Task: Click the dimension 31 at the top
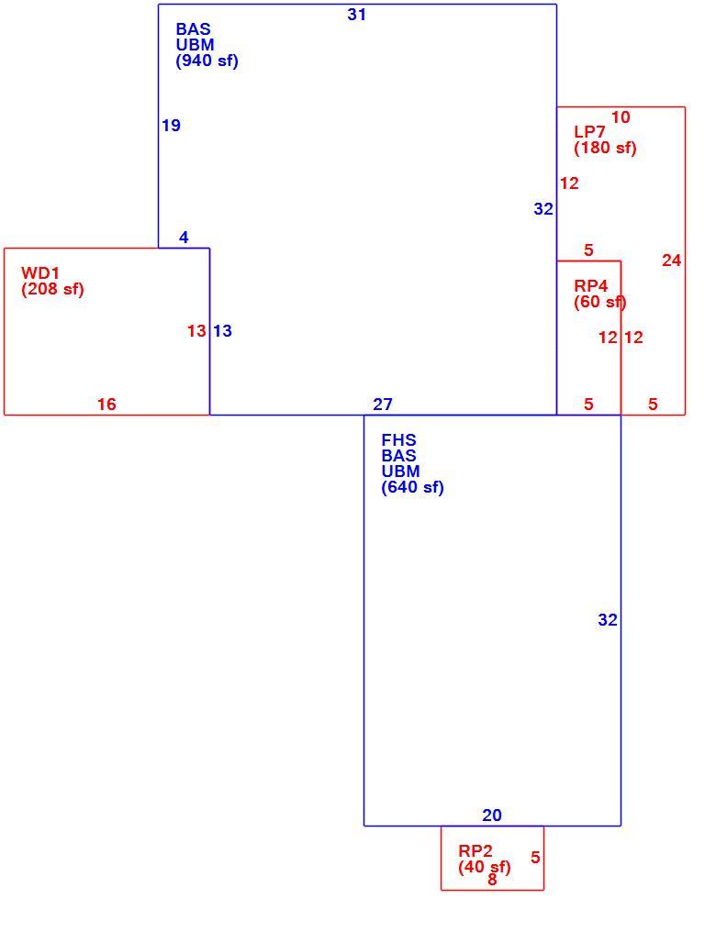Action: click(356, 15)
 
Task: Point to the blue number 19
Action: click(171, 126)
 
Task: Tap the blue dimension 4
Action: click(184, 238)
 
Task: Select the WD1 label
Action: click(40, 272)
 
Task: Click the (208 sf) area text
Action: click(52, 289)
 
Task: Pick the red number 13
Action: click(196, 330)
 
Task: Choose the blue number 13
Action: click(222, 330)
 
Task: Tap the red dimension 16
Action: click(106, 405)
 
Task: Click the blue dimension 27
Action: click(383, 405)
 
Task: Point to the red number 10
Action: click(621, 117)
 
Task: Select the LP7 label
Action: click(589, 132)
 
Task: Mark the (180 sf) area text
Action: click(605, 148)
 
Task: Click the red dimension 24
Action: click(672, 261)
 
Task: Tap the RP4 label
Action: click(591, 286)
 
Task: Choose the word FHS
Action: click(398, 439)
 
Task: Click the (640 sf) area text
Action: click(412, 487)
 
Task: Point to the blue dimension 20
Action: click(492, 815)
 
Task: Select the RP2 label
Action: click(475, 851)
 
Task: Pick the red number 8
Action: click(492, 880)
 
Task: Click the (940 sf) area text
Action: click(207, 61)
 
